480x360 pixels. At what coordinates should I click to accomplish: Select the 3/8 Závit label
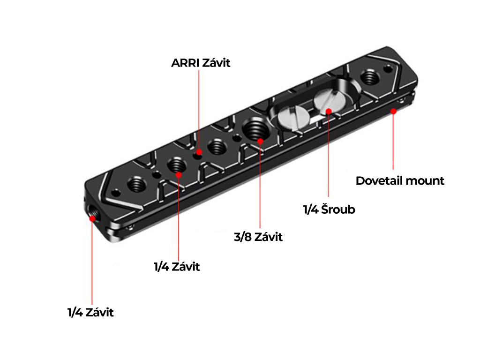click(258, 237)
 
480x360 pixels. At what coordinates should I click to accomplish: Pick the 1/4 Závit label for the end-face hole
click(90, 312)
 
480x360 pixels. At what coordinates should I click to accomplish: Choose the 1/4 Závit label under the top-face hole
click(177, 267)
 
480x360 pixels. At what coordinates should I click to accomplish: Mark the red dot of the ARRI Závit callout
click(200, 152)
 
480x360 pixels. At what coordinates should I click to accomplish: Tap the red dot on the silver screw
click(329, 111)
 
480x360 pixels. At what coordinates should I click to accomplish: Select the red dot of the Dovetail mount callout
click(394, 111)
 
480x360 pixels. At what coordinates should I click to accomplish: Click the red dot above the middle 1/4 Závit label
click(179, 175)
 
